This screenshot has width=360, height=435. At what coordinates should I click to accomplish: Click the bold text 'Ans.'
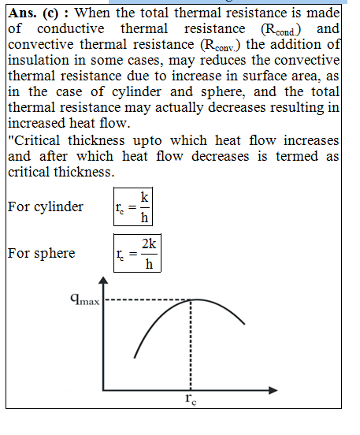tap(22, 13)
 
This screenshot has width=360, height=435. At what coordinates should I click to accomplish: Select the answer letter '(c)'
tap(50, 13)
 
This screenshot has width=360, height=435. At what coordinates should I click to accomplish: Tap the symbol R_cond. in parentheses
tap(280, 29)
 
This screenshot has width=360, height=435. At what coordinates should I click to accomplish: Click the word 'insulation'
tap(39, 60)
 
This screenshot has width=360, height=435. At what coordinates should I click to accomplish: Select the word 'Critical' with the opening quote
tap(34, 140)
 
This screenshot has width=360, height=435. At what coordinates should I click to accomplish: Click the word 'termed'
tap(297, 156)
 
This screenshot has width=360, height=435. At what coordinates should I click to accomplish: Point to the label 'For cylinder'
tap(46, 207)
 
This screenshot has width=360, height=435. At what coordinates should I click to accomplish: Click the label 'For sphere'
tap(41, 253)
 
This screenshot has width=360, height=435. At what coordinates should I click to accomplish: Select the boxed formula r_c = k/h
tap(133, 206)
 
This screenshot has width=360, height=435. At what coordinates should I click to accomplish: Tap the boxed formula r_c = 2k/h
tap(137, 253)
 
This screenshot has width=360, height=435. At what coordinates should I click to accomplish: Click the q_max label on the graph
tap(85, 299)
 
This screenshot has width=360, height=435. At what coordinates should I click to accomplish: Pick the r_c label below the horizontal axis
tap(191, 400)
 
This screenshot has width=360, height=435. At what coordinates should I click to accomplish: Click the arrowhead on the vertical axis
tap(103, 281)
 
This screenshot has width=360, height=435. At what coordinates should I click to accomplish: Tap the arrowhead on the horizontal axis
tap(273, 390)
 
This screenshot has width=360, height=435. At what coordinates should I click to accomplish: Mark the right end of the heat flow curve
tap(244, 324)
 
